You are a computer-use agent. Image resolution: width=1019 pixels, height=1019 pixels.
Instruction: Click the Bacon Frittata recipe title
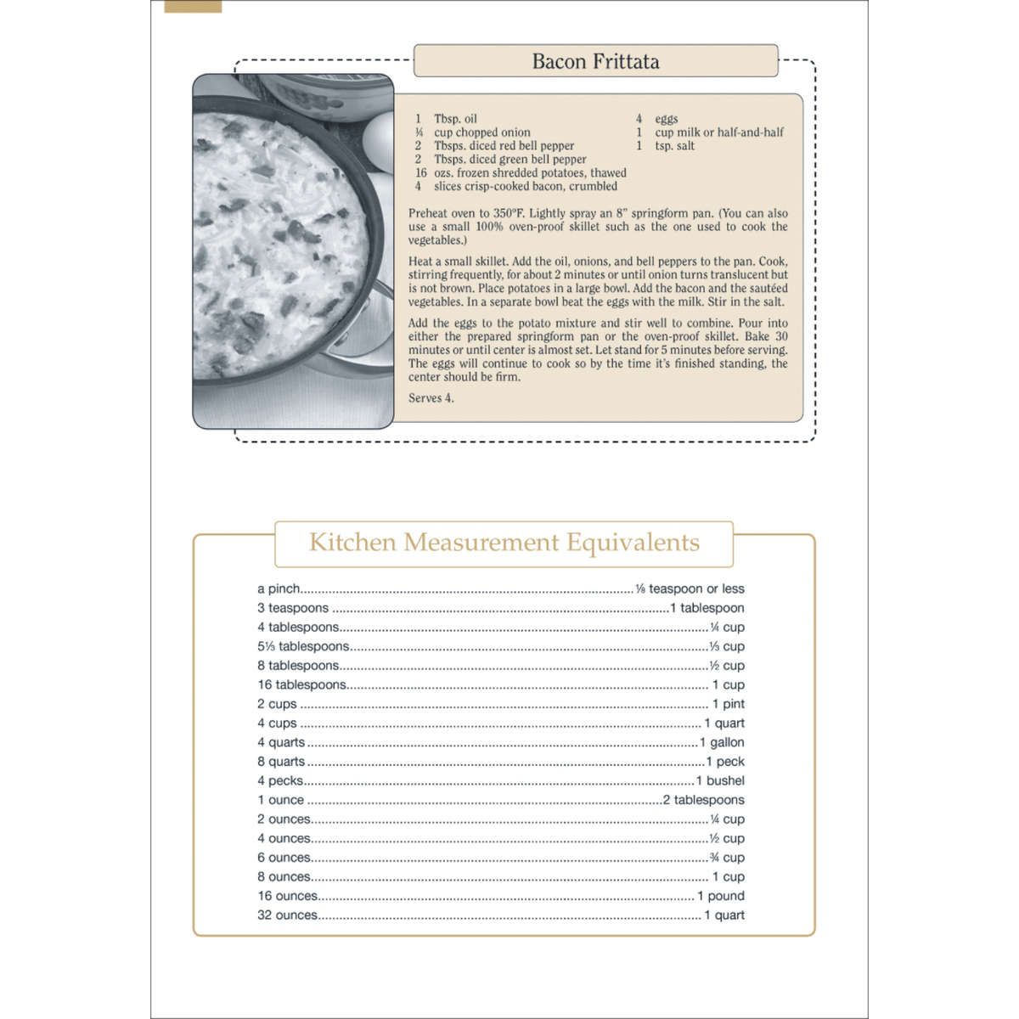click(x=595, y=61)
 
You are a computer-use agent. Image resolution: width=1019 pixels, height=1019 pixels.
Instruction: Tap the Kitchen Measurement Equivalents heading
click(x=504, y=543)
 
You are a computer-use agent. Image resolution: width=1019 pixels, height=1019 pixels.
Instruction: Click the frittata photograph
click(x=293, y=251)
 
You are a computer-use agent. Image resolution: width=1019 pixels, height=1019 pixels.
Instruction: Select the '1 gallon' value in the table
click(x=722, y=742)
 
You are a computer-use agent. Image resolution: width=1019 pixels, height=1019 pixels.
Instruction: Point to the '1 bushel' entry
click(x=720, y=780)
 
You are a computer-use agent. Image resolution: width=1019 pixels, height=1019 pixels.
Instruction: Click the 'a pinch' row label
click(x=279, y=588)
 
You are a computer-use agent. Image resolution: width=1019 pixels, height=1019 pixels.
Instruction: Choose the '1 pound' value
click(x=721, y=896)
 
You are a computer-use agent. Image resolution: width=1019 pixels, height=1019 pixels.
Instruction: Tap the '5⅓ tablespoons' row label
click(x=302, y=646)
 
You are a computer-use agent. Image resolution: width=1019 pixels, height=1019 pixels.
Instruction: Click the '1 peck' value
click(x=725, y=762)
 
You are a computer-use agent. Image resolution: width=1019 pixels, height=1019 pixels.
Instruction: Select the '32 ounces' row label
click(x=288, y=915)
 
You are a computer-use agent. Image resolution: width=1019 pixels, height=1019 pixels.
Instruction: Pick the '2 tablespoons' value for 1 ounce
click(x=704, y=800)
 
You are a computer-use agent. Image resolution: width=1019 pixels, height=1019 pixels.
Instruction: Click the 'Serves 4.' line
click(x=431, y=397)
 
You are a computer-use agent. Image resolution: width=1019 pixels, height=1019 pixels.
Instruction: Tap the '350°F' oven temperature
click(x=508, y=213)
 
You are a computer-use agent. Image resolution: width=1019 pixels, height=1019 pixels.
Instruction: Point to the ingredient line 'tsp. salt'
click(x=674, y=146)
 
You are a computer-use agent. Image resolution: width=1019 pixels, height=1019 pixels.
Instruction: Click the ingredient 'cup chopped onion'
click(x=481, y=132)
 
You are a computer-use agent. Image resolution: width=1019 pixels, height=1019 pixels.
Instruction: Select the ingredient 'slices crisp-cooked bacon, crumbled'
click(x=525, y=186)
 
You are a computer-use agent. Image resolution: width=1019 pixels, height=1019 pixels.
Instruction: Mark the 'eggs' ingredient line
click(x=666, y=119)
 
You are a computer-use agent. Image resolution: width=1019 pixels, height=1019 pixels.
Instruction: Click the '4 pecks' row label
click(x=280, y=780)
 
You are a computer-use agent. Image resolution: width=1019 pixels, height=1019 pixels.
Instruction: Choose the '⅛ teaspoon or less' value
click(x=690, y=588)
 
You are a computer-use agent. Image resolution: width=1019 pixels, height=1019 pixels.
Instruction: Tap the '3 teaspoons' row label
click(x=293, y=608)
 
